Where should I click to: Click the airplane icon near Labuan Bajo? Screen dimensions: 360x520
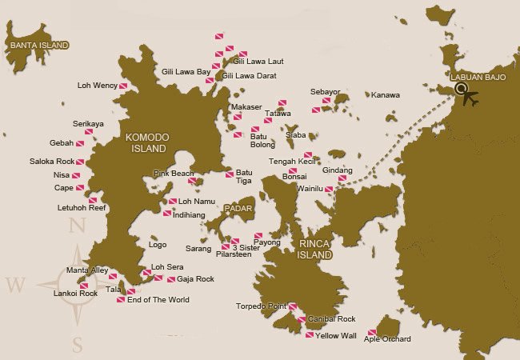(x=470, y=99)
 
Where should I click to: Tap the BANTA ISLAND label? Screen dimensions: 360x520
(x=38, y=46)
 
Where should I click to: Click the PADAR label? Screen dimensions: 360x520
(x=238, y=209)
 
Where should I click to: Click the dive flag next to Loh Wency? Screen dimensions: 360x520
(x=124, y=86)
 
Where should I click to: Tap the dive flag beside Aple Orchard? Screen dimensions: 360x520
(x=372, y=333)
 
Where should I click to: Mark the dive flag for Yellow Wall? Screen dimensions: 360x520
(x=310, y=335)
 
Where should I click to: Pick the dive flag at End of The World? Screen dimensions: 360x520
(x=121, y=300)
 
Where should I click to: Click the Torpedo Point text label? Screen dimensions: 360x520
(x=261, y=306)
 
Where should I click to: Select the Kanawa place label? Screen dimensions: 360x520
(x=386, y=95)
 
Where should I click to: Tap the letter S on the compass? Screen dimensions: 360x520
(x=77, y=345)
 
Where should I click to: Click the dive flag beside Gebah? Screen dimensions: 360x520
(x=80, y=143)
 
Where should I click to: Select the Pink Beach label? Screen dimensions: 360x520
(x=174, y=174)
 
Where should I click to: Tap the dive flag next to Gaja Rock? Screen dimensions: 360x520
(x=171, y=279)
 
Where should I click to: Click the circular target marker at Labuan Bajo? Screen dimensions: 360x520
(x=460, y=90)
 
